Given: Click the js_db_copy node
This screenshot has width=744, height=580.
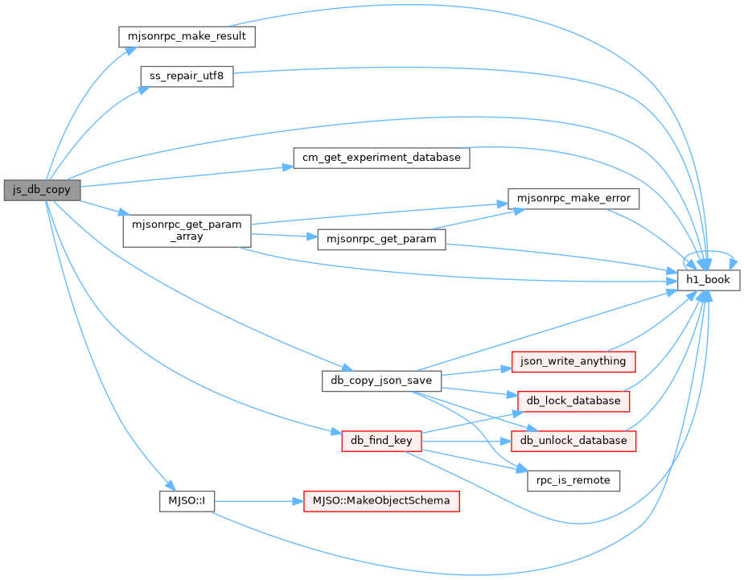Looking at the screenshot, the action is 43,190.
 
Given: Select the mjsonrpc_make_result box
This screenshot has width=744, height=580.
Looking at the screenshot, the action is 187,36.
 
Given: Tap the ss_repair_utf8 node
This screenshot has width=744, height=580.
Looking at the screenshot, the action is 187,76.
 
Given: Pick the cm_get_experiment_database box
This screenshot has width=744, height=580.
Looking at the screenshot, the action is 381,158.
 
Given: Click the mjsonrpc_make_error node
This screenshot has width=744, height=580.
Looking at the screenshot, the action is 573,199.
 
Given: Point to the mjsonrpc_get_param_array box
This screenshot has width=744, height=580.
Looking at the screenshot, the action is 187,231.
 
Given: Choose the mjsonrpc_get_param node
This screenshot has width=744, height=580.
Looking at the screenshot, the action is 381,239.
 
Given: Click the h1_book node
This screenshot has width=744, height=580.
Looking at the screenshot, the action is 709,280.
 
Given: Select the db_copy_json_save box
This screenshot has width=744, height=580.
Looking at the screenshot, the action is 381,381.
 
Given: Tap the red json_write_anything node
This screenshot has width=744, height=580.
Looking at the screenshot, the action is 573,362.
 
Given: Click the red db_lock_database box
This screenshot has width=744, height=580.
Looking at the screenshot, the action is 573,401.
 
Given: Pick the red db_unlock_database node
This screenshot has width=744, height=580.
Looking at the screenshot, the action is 573,442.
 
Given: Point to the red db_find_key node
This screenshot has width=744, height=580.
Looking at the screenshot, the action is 381,442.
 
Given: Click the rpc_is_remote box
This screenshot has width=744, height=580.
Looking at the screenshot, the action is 573,481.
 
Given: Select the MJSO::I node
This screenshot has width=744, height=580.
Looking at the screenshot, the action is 187,501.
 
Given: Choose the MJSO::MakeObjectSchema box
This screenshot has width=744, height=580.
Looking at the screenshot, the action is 381,501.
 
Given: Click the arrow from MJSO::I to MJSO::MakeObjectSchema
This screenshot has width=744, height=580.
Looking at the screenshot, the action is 259,501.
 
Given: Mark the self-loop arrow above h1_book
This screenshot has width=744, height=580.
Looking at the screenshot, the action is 709,252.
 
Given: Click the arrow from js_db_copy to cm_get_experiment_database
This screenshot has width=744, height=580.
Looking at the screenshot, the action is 187,176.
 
